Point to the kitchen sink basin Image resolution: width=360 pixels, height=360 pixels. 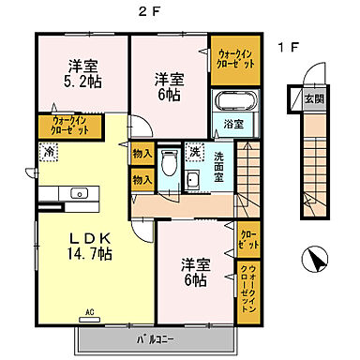click(80, 194)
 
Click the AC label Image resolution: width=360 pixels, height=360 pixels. click(91, 312)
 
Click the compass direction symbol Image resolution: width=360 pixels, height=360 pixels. click(315, 259)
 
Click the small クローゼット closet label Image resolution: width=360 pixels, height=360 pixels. click(248, 240)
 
